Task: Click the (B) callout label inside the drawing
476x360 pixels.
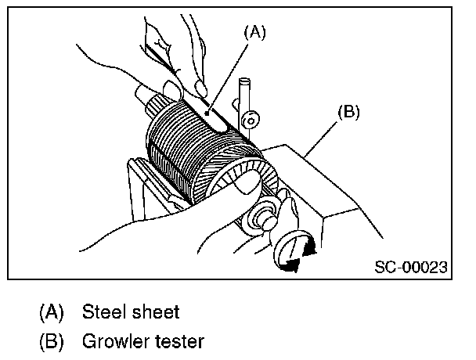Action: pyautogui.click(x=348, y=111)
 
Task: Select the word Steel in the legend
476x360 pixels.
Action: pyautogui.click(x=106, y=312)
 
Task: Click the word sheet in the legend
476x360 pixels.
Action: pyautogui.click(x=156, y=312)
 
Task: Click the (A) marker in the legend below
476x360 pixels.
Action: pyautogui.click(x=52, y=312)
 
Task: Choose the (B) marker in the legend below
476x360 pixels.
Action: pyautogui.click(x=52, y=342)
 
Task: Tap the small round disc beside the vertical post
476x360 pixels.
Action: pyautogui.click(x=251, y=121)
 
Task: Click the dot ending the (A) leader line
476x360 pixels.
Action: pyautogui.click(x=207, y=113)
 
